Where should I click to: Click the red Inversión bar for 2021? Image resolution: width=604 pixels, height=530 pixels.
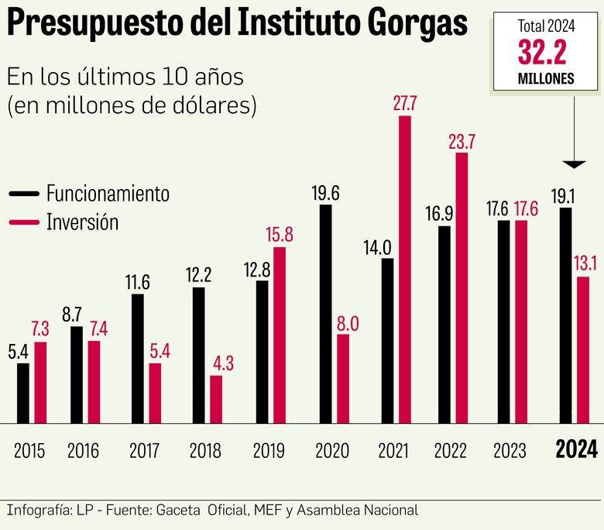404,270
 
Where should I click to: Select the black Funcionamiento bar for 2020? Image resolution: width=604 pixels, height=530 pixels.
325,314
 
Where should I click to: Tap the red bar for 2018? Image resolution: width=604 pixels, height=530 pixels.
216,399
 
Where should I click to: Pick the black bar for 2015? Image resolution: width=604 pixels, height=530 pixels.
23,393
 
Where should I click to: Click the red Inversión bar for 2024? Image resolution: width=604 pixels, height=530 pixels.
583,349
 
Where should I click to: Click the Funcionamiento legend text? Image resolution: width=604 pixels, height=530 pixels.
107,193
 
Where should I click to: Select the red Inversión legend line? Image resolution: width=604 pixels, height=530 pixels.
23,222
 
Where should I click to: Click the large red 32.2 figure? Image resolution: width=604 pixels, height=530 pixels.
546,54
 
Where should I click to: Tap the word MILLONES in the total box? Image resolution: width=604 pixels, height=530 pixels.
546,79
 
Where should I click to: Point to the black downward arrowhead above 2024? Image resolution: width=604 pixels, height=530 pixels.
574,164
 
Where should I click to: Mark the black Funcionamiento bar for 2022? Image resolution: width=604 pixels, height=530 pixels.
444,324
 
